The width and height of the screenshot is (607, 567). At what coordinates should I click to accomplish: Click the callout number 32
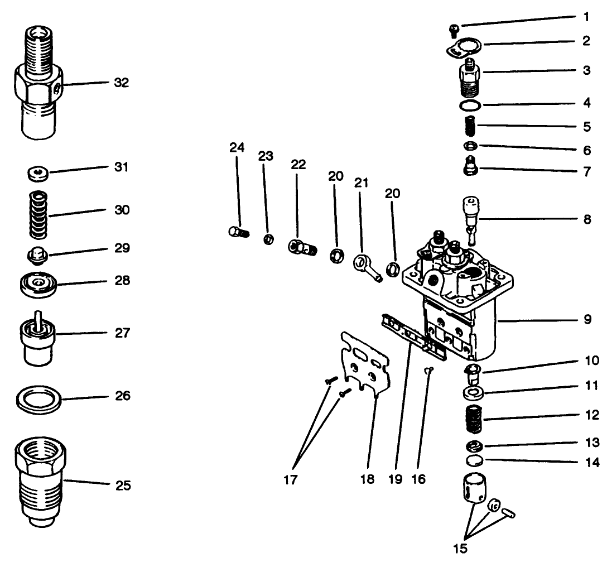click(121, 83)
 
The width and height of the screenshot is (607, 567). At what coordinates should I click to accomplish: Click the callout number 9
click(586, 321)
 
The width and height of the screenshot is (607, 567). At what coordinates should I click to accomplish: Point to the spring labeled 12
click(473, 419)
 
